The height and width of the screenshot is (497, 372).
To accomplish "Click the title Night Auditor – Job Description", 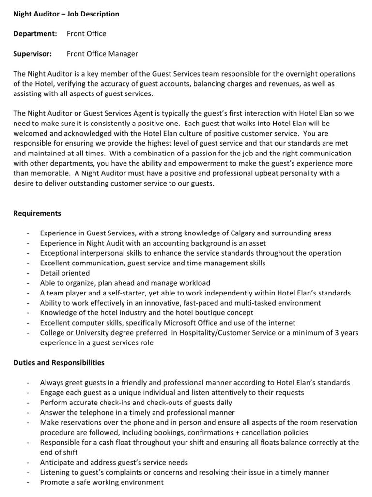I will coord(66,14).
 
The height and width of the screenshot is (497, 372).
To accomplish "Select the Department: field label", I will coord(35,34).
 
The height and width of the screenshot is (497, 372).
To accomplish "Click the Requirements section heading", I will coord(37,213).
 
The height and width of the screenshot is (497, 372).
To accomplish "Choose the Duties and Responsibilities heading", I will coord(59,362).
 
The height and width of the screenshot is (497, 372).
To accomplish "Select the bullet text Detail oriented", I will coord(64,273).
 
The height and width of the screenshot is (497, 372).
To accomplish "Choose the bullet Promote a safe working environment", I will coord(102,482).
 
